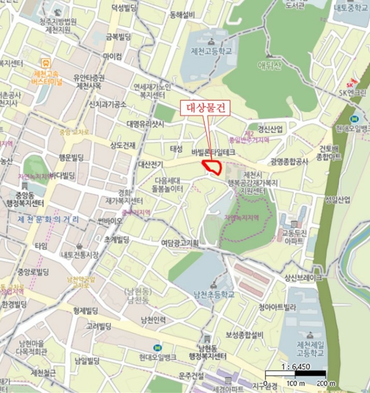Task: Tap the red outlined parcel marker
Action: click(212, 167)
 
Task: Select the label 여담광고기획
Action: click(180, 243)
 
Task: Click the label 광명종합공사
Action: click(289, 162)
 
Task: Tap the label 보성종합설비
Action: click(244, 335)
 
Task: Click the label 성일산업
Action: click(337, 200)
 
